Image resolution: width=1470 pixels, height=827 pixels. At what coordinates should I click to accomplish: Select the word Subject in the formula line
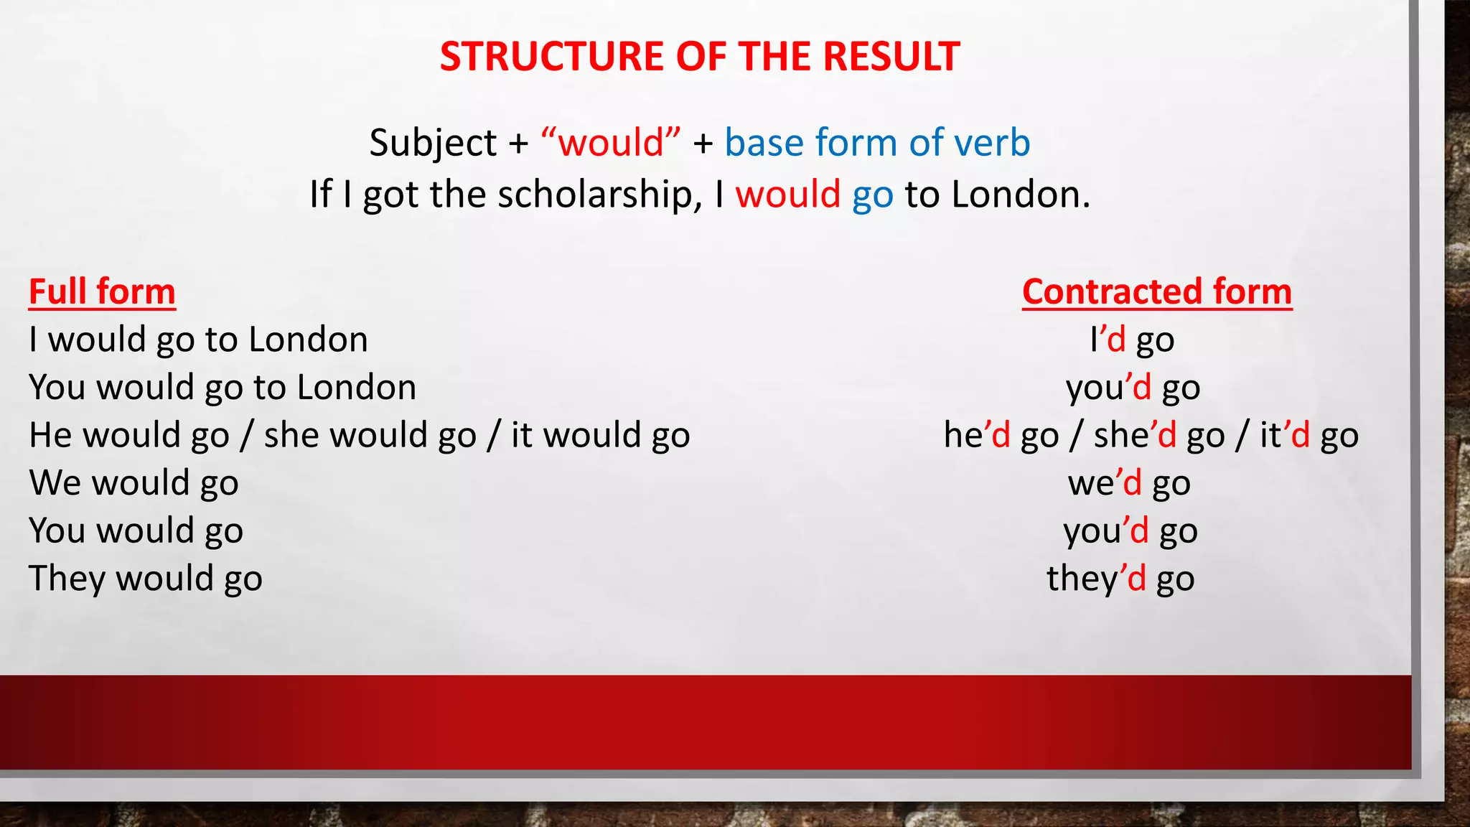pos(433,142)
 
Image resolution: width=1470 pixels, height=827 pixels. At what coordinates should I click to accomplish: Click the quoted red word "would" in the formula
pos(611,142)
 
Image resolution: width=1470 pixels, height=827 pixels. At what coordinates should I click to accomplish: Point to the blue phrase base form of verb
pos(877,142)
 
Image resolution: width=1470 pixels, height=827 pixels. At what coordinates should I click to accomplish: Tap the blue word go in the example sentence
pos(872,195)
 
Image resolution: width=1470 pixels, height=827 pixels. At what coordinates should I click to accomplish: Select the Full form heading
pos(102,291)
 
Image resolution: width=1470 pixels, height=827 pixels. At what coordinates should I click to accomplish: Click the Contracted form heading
pos(1157,291)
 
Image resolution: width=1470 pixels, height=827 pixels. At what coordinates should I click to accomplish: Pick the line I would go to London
pos(198,339)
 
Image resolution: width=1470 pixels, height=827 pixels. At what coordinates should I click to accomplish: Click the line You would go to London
pos(223,387)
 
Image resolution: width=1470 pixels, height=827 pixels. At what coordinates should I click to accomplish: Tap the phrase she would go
pos(370,435)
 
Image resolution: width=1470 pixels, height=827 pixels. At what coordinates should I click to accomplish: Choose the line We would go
pos(134,482)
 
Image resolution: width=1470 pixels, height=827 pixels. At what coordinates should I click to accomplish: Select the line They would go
pos(146,579)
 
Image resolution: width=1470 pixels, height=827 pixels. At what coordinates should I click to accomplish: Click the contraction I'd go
pos(1132,339)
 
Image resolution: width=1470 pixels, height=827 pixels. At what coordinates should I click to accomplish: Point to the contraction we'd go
pos(1129,482)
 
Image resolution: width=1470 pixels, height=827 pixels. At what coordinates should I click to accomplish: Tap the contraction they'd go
pos(1120,579)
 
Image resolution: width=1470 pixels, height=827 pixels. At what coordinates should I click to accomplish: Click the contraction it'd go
pos(1309,435)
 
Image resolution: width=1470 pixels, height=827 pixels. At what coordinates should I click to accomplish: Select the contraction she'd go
pos(1159,435)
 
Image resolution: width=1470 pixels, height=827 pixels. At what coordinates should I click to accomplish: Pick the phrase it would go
pos(601,435)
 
